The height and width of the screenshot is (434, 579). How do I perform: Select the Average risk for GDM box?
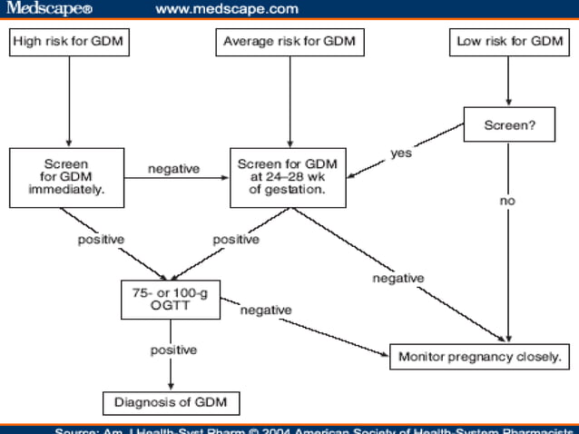[289, 42]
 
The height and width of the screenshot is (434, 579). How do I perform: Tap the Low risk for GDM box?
[508, 42]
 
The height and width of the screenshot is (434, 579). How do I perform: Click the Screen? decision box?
[508, 125]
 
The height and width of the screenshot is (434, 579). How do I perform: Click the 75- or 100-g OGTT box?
[171, 301]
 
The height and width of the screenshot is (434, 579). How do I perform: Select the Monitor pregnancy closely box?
[480, 356]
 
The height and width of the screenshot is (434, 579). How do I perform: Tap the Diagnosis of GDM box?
[171, 401]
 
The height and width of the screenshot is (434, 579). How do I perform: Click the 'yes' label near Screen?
[401, 153]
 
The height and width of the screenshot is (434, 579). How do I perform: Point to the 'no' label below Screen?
[506, 201]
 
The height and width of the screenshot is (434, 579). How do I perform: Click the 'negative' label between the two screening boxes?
[173, 169]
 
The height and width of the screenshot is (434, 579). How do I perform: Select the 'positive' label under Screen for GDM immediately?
[100, 240]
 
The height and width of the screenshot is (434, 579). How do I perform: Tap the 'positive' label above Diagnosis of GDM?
[174, 350]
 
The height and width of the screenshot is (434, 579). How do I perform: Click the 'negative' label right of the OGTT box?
[266, 311]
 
